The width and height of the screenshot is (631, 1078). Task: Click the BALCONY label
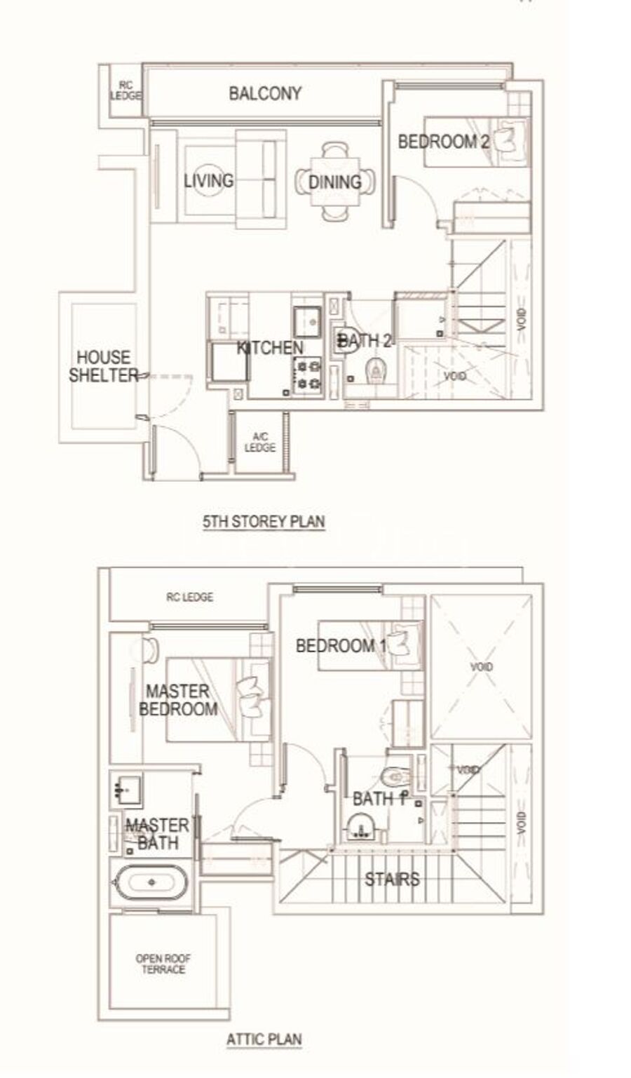265,93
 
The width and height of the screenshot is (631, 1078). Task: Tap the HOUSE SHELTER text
103,366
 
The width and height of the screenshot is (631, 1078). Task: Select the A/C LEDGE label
259,443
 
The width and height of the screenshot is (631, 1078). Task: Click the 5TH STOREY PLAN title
264,522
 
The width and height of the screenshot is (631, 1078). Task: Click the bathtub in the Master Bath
152,882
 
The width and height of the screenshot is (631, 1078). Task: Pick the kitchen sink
308,321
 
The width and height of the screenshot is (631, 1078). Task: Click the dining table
335,182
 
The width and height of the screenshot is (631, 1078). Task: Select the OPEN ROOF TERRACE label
163,964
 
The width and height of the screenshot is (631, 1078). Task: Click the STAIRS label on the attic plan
392,880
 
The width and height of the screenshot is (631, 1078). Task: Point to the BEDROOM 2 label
443,142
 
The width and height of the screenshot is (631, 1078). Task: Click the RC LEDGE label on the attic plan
189,598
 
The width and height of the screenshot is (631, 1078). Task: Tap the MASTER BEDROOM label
178,700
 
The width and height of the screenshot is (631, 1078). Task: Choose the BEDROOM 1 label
341,646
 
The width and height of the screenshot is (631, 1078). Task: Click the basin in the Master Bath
126,789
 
